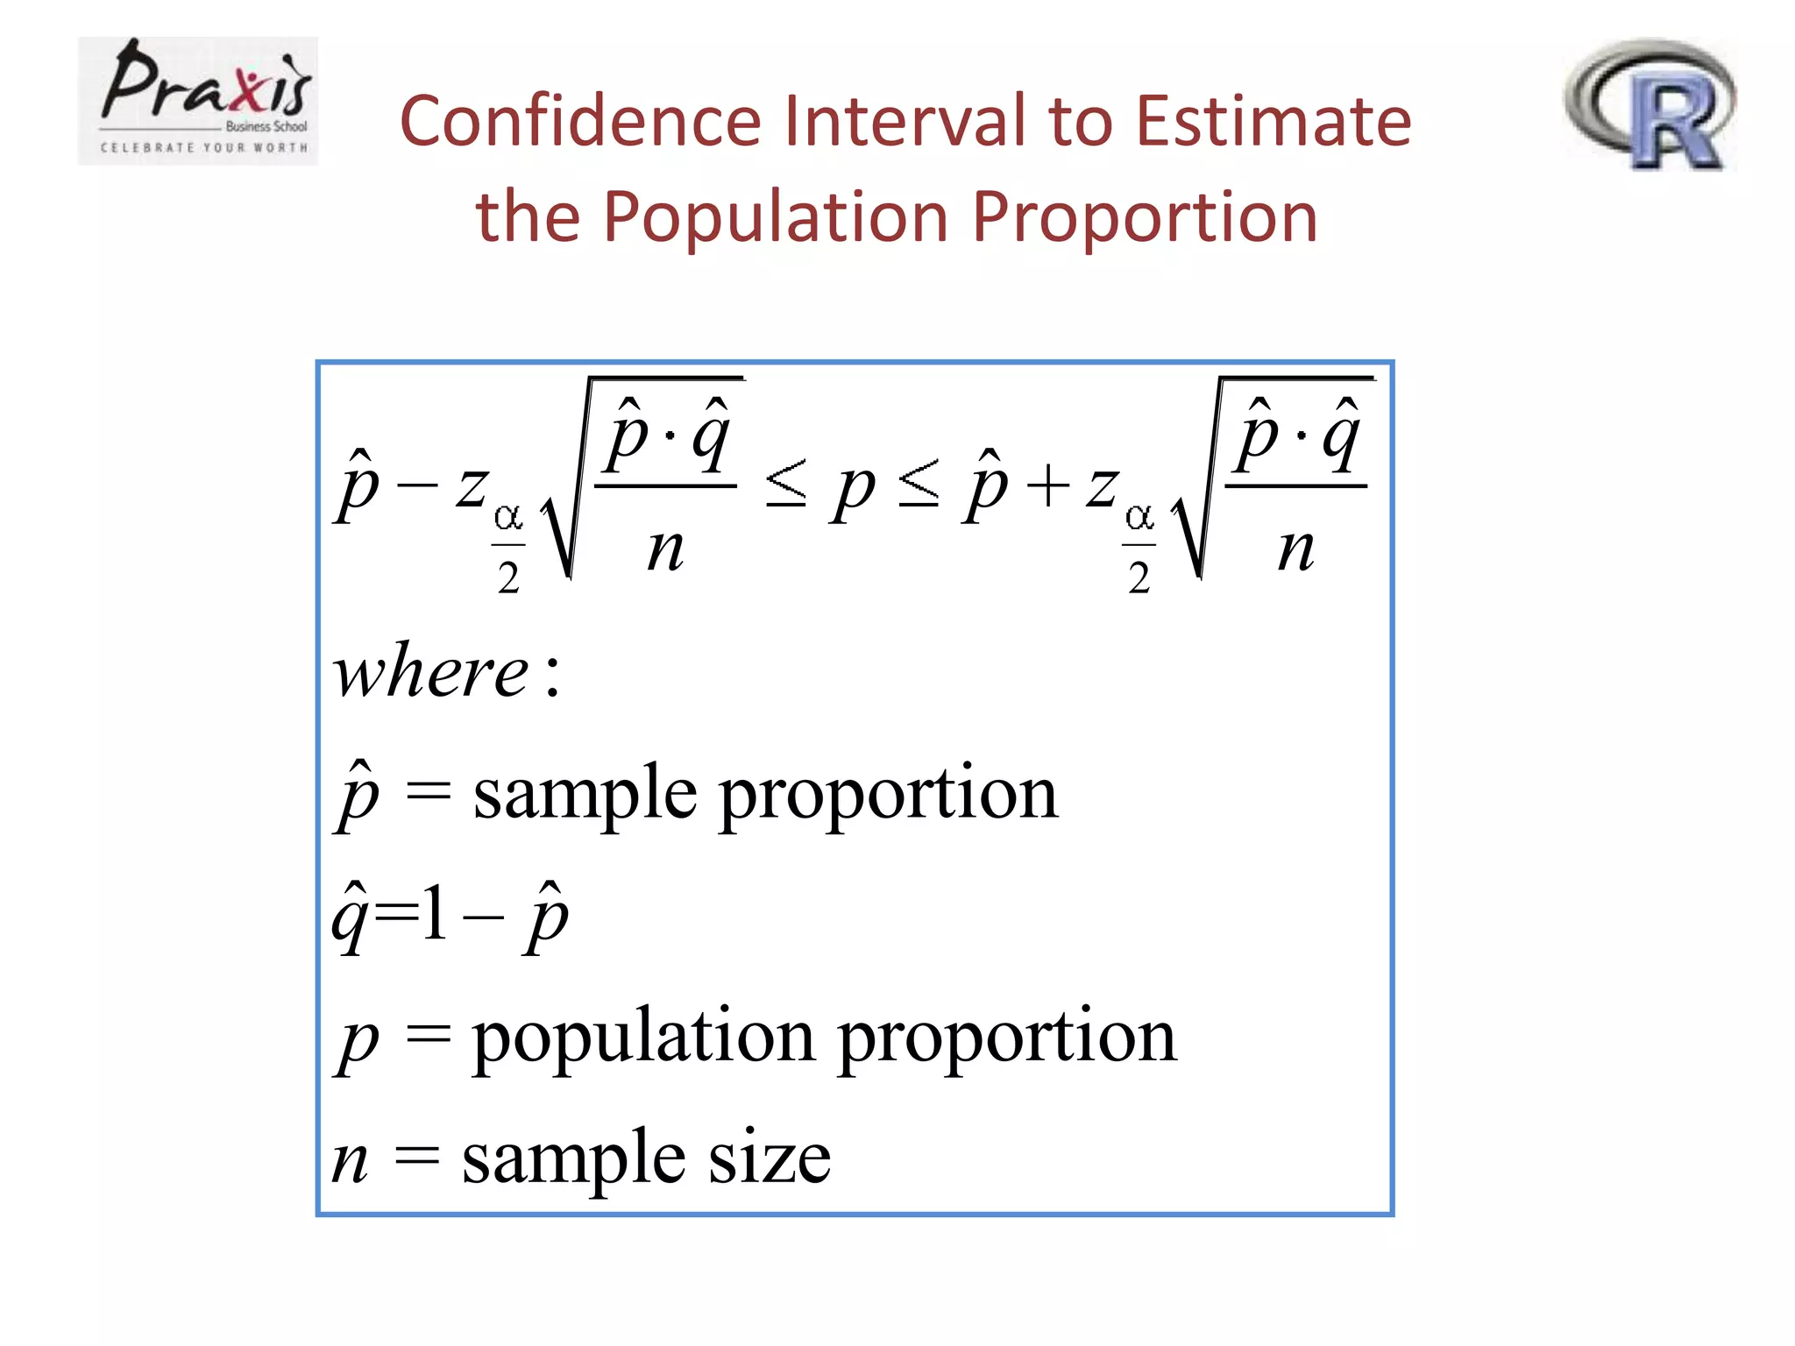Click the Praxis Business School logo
pyautogui.click(x=198, y=101)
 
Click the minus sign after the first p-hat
pyautogui.click(x=416, y=484)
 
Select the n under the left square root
pyautogui.click(x=665, y=550)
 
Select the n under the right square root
pyautogui.click(x=1295, y=550)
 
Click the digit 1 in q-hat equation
pyautogui.click(x=433, y=913)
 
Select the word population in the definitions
pyautogui.click(x=644, y=1038)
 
